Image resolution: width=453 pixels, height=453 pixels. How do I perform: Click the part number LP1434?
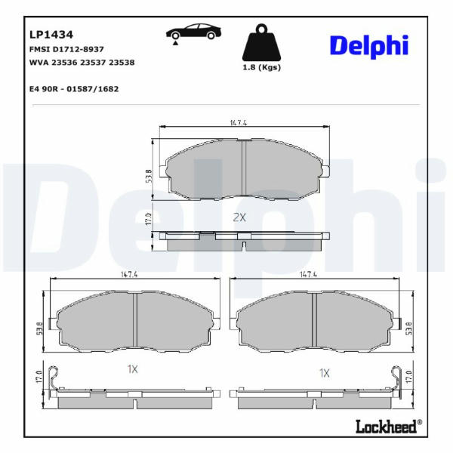coord(51,35)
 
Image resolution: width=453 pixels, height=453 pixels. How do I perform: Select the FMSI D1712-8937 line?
coord(66,49)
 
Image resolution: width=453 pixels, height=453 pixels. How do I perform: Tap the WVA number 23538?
coord(122,63)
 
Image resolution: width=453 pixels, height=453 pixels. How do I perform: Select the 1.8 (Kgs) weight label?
coord(262,67)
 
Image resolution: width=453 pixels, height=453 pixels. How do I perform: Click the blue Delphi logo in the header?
coord(369,46)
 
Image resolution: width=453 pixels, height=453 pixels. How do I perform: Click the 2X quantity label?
coord(239,217)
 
